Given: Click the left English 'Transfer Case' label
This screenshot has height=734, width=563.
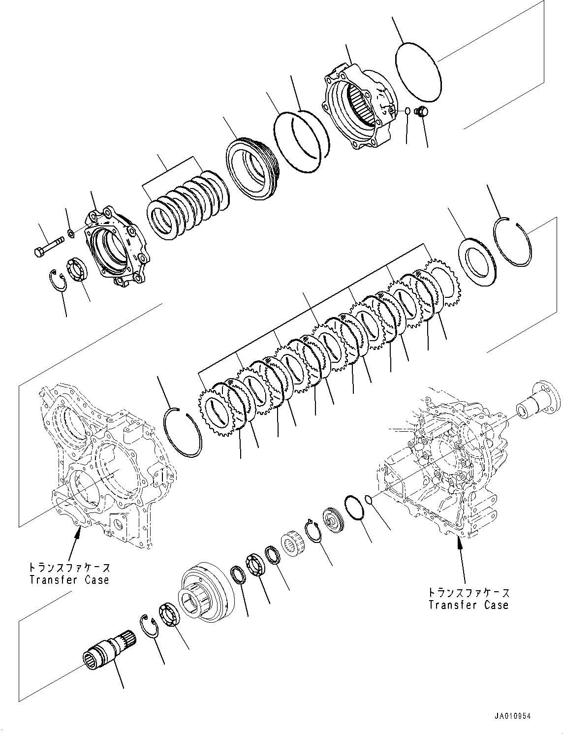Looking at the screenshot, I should pyautogui.click(x=69, y=580).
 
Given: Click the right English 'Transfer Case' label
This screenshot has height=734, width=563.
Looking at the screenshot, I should pyautogui.click(x=468, y=605).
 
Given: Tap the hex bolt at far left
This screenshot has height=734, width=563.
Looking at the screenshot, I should pyautogui.click(x=49, y=246).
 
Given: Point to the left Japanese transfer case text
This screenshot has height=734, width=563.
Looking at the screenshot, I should pyautogui.click(x=69, y=567).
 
